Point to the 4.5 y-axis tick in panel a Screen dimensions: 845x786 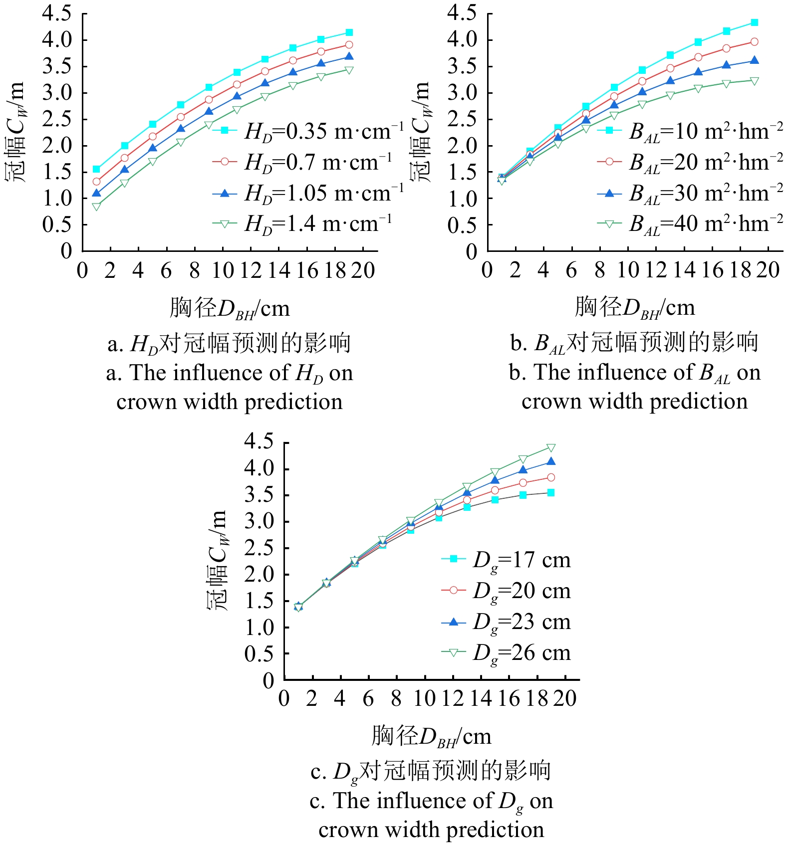57,13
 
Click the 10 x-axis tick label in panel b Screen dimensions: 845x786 628,271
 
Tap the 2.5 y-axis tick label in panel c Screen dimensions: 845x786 259,548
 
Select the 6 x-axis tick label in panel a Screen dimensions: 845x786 166,271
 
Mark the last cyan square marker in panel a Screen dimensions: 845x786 349,32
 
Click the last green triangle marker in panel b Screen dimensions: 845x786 754,81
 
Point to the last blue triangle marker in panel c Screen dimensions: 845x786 551,462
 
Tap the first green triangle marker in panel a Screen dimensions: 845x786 96,206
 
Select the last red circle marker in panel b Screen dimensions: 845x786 754,42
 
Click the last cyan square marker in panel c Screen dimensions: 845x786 551,493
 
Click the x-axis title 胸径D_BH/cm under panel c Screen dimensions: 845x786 431,736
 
